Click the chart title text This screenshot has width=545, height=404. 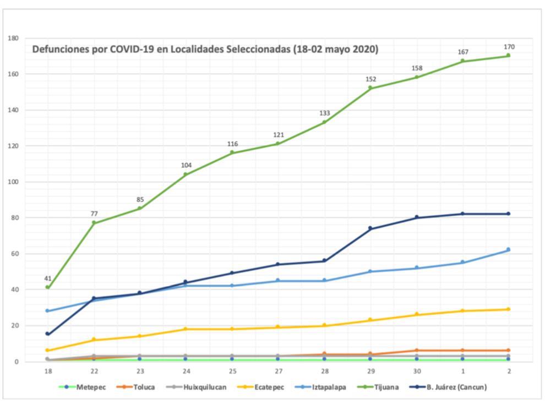205,49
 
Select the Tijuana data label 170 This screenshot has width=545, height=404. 509,47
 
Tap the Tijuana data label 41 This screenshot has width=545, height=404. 48,279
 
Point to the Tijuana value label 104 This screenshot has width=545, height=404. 186,165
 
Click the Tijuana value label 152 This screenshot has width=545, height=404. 371,79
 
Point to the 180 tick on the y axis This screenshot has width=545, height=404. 13,39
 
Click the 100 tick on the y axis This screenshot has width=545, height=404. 13,182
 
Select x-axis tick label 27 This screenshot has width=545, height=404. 278,372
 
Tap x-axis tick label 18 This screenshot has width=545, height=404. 47,372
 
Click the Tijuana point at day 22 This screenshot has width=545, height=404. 94,223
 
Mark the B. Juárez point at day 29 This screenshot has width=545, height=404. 370,228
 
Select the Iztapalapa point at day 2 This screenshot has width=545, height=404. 508,249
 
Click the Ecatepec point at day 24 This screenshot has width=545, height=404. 186,329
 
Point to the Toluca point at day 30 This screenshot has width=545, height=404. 417,351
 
